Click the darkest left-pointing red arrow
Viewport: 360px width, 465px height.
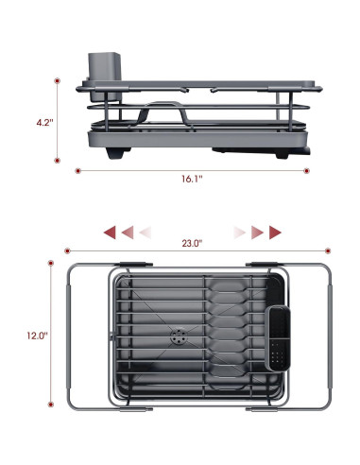110,232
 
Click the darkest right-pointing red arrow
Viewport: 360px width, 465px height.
275,232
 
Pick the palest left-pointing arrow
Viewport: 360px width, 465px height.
145,232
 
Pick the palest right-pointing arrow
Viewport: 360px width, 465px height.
240,232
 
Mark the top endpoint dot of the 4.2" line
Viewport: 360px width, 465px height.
58,81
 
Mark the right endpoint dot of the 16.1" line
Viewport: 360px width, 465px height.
309,171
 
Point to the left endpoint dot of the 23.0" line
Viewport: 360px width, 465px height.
65,250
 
